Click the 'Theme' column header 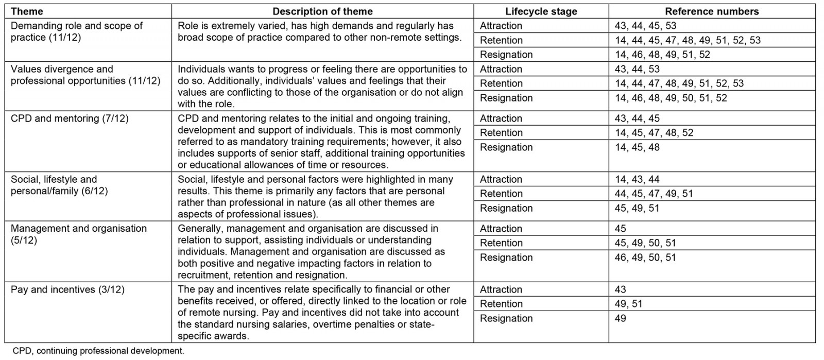[x=27, y=11]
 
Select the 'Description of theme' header [x=322, y=11]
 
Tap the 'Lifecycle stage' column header [x=541, y=11]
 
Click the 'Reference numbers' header [x=712, y=11]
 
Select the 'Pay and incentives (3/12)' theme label [x=67, y=289]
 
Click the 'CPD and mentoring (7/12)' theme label [x=70, y=118]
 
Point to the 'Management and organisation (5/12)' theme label [x=78, y=234]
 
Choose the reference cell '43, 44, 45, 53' [x=645, y=26]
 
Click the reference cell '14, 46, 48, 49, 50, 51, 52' [x=671, y=98]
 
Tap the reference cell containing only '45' [x=621, y=229]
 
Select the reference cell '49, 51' [x=628, y=304]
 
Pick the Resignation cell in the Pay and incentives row [x=506, y=318]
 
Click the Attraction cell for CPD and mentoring [x=501, y=118]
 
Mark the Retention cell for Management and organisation [x=501, y=243]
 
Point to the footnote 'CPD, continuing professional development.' [x=98, y=351]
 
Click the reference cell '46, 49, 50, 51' [x=645, y=258]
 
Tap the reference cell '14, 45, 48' [x=637, y=147]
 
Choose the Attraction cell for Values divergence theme [x=501, y=69]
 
